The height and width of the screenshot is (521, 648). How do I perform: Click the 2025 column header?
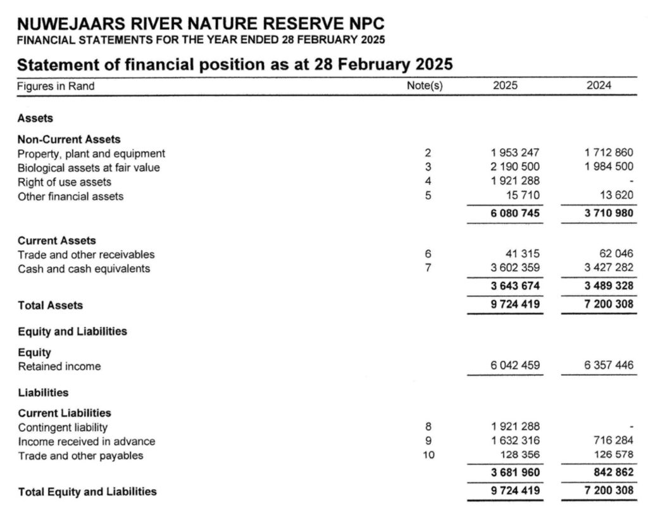[504, 85]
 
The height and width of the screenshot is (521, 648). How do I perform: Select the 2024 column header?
[599, 85]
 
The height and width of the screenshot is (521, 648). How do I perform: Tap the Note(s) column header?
[424, 85]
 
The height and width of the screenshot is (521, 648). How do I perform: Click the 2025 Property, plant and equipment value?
[514, 153]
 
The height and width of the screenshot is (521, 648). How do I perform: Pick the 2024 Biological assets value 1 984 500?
[608, 168]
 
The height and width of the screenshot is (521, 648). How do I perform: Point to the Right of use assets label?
[65, 182]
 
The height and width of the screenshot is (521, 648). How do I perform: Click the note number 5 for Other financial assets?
[428, 196]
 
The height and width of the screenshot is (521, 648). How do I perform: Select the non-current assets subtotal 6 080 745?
[514, 213]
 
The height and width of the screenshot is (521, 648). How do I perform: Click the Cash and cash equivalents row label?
[84, 268]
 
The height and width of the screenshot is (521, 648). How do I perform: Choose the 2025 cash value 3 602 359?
[514, 268]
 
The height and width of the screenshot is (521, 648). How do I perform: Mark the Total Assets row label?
[50, 305]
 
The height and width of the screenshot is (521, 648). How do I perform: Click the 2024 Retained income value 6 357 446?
[608, 366]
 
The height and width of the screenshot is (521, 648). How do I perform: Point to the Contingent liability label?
[63, 427]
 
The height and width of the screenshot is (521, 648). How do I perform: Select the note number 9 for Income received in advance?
[428, 441]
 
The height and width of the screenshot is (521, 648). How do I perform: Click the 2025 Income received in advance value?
[514, 441]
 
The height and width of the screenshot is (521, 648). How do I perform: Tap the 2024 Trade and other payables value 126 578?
[611, 456]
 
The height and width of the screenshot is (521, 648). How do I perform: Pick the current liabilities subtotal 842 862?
[611, 472]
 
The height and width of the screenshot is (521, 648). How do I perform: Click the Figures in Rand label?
[56, 86]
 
